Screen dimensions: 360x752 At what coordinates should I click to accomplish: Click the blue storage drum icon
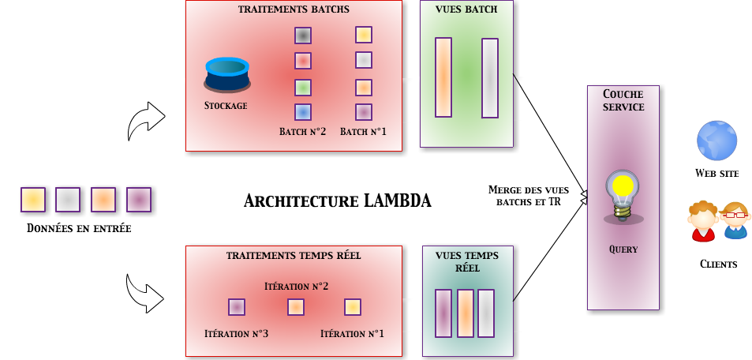pyautogui.click(x=227, y=74)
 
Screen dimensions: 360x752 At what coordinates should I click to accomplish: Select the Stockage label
pyautogui.click(x=226, y=105)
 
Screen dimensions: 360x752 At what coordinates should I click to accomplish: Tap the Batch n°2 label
pyautogui.click(x=302, y=131)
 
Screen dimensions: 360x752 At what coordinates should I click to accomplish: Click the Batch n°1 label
pyautogui.click(x=363, y=131)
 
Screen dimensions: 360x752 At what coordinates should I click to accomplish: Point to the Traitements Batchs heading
pyautogui.click(x=294, y=10)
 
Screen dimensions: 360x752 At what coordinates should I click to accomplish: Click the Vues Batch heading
pyautogui.click(x=466, y=10)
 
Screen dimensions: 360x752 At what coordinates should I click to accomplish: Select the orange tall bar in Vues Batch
pyautogui.click(x=443, y=77)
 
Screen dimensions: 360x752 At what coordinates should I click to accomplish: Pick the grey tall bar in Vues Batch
pyautogui.click(x=490, y=77)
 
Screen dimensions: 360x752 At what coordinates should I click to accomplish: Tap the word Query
pyautogui.click(x=623, y=249)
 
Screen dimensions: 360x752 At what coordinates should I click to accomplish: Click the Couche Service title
pyautogui.click(x=623, y=100)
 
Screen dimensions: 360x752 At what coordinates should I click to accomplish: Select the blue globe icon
pyautogui.click(x=716, y=141)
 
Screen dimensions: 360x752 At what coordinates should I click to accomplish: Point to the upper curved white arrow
pyautogui.click(x=146, y=119)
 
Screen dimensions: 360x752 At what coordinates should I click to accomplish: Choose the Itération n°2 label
pyautogui.click(x=296, y=286)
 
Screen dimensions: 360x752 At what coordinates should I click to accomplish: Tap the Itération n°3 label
pyautogui.click(x=236, y=334)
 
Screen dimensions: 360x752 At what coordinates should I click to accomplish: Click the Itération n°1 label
pyautogui.click(x=352, y=334)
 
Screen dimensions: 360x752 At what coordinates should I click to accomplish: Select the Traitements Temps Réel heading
pyautogui.click(x=294, y=256)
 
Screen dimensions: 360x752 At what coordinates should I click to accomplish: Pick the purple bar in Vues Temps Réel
pyautogui.click(x=443, y=313)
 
